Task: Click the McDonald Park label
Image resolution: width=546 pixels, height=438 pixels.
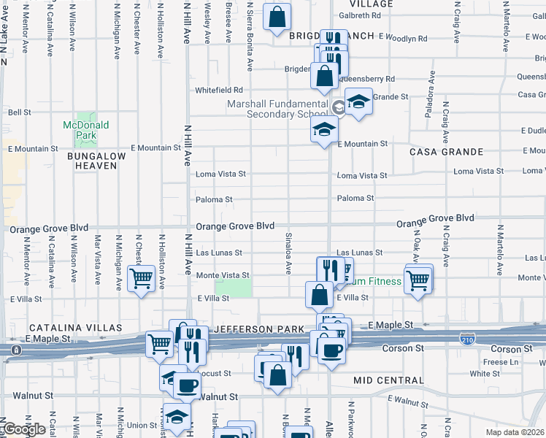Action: click(85, 130)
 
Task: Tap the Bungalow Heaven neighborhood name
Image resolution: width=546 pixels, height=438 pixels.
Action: click(92, 161)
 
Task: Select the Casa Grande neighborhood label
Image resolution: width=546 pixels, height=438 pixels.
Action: click(446, 152)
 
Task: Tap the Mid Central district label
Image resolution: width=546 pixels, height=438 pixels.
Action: click(388, 380)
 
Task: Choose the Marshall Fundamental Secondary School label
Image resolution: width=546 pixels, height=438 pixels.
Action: click(277, 109)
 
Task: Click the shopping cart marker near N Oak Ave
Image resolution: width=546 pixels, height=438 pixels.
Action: click(418, 280)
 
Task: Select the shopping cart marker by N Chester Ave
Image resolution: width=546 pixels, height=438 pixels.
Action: click(140, 278)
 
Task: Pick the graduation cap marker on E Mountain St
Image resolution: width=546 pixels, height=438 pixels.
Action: click(324, 131)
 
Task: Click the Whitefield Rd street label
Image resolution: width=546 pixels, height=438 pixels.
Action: click(218, 91)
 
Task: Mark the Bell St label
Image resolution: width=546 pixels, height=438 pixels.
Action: click(19, 112)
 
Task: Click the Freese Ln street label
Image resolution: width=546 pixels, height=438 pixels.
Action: click(500, 362)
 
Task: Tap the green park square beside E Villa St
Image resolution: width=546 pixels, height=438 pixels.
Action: click(234, 288)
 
